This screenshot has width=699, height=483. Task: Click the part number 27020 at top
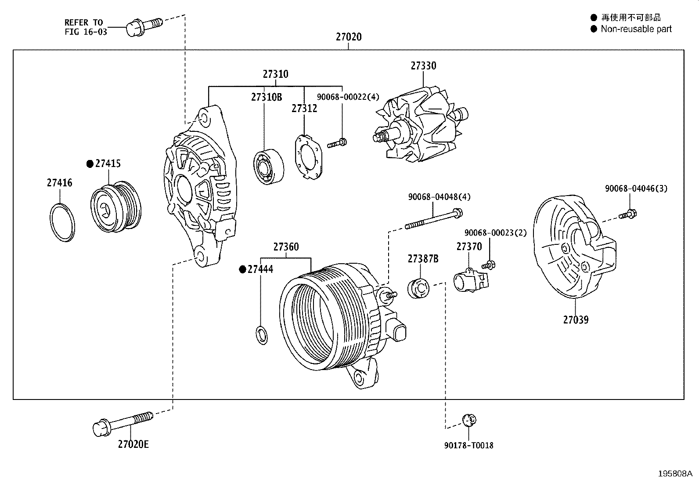point(349,37)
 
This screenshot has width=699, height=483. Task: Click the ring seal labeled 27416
point(61,222)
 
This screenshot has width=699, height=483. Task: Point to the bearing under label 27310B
point(268,167)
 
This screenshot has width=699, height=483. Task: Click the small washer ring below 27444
point(261,335)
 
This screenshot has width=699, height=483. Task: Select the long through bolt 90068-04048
point(432,219)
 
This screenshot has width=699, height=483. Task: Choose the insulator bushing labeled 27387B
point(418,288)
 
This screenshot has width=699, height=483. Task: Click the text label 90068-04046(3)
point(636,189)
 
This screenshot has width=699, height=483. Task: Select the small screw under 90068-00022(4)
point(337,142)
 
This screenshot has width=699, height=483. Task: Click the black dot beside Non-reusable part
point(594,29)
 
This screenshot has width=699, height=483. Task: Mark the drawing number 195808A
point(674,474)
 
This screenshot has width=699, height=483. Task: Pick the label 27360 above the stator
point(286,247)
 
